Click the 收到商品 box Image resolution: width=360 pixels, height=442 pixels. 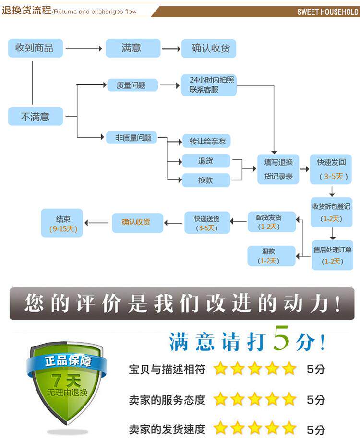click(x=35, y=48)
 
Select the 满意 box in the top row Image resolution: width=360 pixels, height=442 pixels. click(x=132, y=48)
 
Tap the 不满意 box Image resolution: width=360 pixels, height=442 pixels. click(x=35, y=116)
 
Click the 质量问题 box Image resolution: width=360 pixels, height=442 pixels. click(x=131, y=85)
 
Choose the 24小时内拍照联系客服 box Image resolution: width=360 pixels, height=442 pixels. click(x=209, y=85)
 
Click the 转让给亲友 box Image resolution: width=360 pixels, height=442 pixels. click(x=207, y=141)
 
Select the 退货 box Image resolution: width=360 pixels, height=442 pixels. click(x=206, y=161)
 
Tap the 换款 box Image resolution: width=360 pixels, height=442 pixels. click(x=206, y=180)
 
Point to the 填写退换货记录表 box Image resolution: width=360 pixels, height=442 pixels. click(x=278, y=169)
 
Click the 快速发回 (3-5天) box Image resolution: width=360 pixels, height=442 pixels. click(x=331, y=169)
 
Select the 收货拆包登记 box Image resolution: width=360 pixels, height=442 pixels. click(x=332, y=212)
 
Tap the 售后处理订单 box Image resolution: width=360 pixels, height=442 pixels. click(x=332, y=255)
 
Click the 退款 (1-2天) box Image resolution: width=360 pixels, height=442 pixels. click(x=271, y=256)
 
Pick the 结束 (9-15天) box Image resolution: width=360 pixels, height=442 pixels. click(x=62, y=223)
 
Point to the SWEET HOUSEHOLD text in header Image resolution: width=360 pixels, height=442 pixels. click(x=327, y=12)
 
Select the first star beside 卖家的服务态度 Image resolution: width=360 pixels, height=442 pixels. click(x=220, y=399)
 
